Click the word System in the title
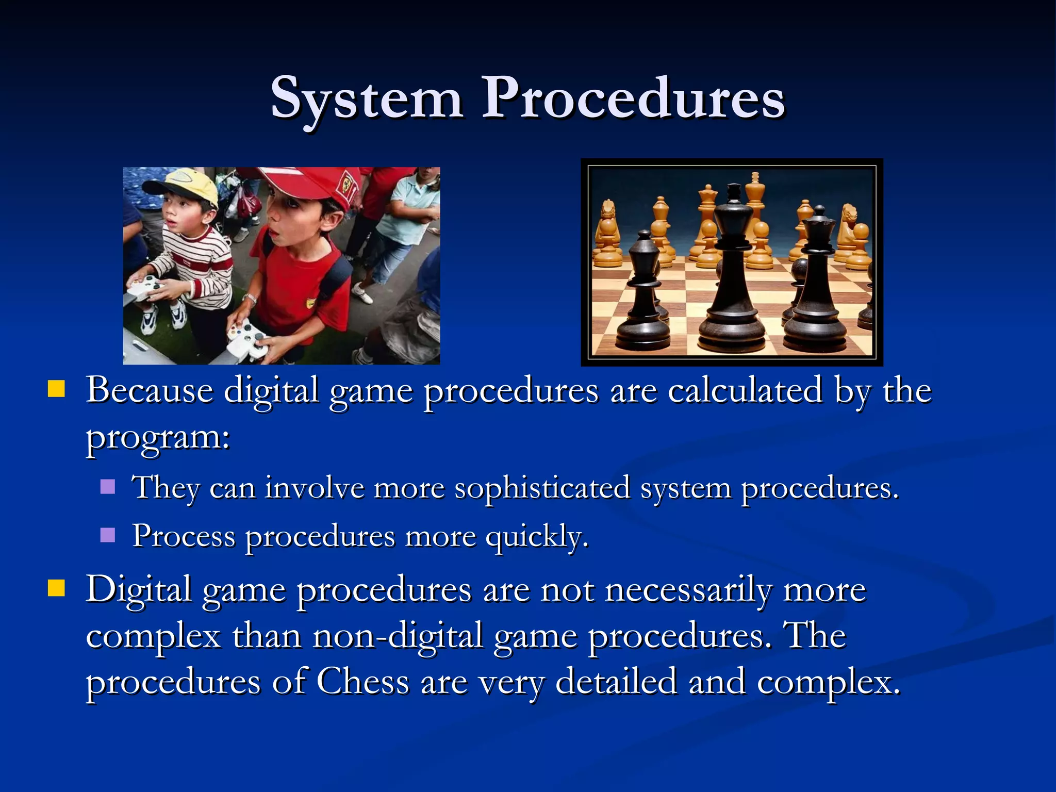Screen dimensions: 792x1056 tap(367, 98)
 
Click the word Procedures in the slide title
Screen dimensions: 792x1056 tap(633, 98)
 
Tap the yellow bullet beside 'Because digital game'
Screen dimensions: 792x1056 tap(56, 389)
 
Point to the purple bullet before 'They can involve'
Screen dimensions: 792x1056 tap(108, 486)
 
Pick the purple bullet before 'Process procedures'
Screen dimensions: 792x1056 tap(108, 535)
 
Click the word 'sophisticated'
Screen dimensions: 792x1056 tap(542, 488)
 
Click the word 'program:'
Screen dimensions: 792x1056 tap(158, 438)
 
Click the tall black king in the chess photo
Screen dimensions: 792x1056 tap(732, 268)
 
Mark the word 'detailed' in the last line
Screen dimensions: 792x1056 tap(616, 681)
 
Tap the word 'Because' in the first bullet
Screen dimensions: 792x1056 tap(149, 390)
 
